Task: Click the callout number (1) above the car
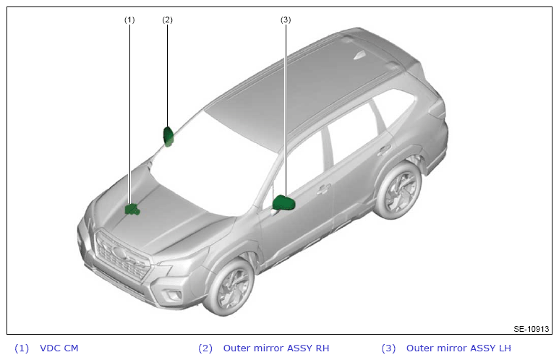pyautogui.click(x=129, y=20)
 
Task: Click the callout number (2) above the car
pyautogui.click(x=167, y=20)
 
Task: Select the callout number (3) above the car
pyautogui.click(x=286, y=20)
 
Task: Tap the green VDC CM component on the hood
pyautogui.click(x=132, y=209)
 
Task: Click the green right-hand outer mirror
pyautogui.click(x=168, y=136)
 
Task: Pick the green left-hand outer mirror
pyautogui.click(x=283, y=203)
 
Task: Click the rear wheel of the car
pyautogui.click(x=399, y=191)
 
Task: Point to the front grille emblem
pyautogui.click(x=119, y=253)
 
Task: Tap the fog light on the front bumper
pyautogui.click(x=171, y=294)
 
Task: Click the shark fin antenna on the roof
pyautogui.click(x=359, y=55)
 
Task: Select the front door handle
pyautogui.click(x=324, y=189)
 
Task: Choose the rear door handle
pyautogui.click(x=384, y=150)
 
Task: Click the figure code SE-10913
pyautogui.click(x=532, y=329)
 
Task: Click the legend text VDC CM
pyautogui.click(x=59, y=348)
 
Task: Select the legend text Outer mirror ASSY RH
pyautogui.click(x=276, y=348)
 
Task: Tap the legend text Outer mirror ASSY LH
pyautogui.click(x=458, y=348)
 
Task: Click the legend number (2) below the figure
pyautogui.click(x=205, y=348)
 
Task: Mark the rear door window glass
pyautogui.click(x=351, y=134)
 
